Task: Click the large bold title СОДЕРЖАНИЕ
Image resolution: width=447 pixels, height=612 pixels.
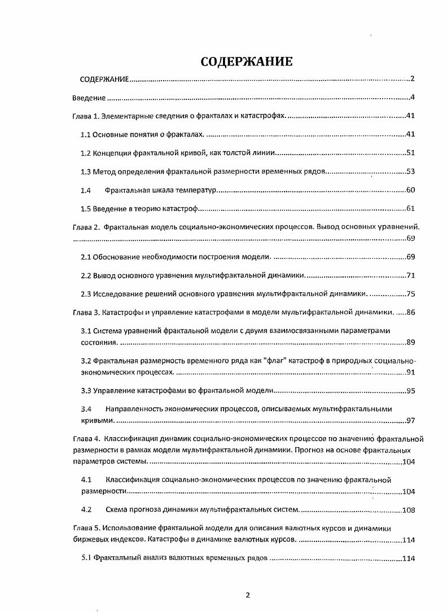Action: tap(247, 61)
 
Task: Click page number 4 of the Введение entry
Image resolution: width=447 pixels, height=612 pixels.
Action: tap(413, 98)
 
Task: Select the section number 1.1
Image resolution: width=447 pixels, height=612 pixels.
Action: tap(86, 134)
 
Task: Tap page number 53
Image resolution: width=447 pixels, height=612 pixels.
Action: tap(410, 171)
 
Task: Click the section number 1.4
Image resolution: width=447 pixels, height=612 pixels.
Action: tap(86, 190)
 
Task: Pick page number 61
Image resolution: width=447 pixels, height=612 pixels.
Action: tap(410, 209)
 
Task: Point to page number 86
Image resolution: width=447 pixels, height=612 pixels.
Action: tap(410, 311)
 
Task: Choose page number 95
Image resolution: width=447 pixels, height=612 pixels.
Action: tap(410, 390)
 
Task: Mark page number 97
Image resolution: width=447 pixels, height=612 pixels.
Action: tap(410, 420)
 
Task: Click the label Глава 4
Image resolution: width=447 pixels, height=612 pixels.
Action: tap(86, 438)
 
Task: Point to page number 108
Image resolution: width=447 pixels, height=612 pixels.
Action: tap(408, 510)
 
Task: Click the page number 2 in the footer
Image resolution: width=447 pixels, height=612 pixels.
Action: tap(247, 595)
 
